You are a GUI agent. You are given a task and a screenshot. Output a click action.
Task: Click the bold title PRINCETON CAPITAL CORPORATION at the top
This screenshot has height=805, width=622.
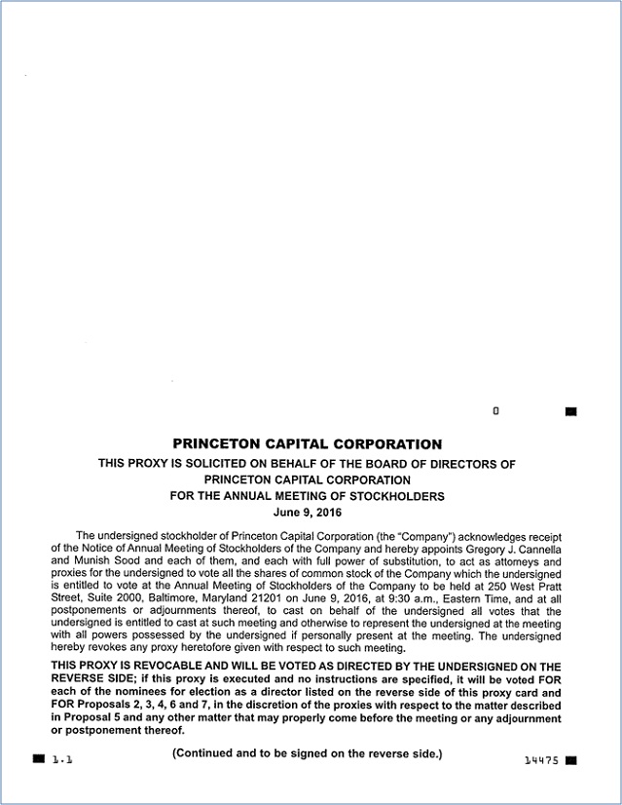tap(307, 444)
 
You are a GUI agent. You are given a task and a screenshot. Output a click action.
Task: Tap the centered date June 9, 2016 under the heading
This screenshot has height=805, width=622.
tap(308, 512)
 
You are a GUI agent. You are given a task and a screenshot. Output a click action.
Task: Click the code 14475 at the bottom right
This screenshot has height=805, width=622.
tap(540, 760)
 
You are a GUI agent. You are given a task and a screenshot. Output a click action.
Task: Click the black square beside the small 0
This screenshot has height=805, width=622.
tap(570, 411)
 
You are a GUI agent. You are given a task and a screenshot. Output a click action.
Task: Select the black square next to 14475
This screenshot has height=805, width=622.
tap(570, 759)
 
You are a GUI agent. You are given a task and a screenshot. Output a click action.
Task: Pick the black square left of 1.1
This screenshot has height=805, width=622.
tap(38, 757)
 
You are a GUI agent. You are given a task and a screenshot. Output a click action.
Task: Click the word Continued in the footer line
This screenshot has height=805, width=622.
tap(206, 753)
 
